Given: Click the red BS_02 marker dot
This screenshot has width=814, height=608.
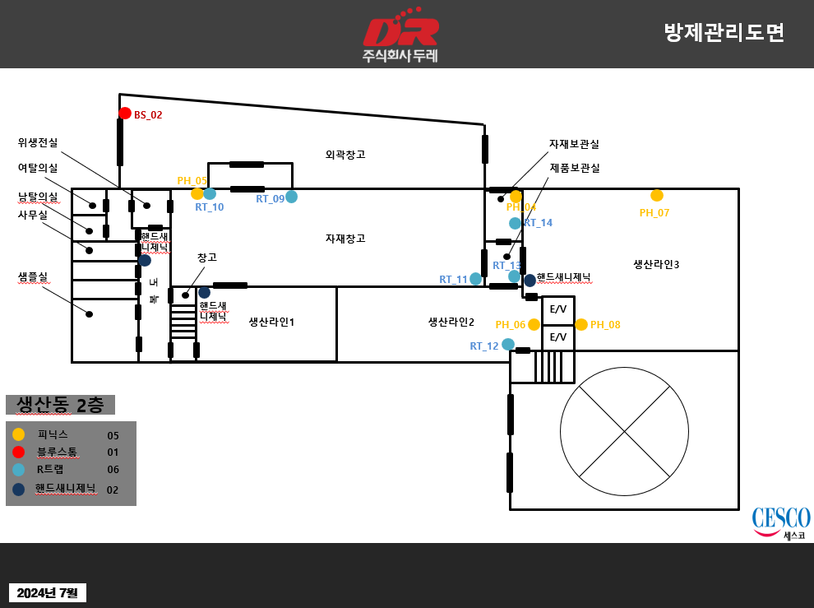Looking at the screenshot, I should pyautogui.click(x=125, y=114).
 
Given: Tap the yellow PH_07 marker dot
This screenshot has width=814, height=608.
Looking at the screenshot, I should pyautogui.click(x=657, y=196).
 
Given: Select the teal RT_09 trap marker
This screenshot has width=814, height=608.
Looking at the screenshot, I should pyautogui.click(x=291, y=197).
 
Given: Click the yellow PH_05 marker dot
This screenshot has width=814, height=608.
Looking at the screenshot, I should pyautogui.click(x=197, y=194).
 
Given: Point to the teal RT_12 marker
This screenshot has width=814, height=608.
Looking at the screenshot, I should pyautogui.click(x=508, y=344).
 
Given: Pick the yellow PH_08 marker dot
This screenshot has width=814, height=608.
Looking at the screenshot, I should pyautogui.click(x=581, y=324).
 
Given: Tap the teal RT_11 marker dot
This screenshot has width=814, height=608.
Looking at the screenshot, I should pyautogui.click(x=475, y=279).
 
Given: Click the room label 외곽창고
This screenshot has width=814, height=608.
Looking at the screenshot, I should pyautogui.click(x=345, y=155).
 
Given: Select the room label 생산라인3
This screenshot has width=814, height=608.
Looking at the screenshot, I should pyautogui.click(x=656, y=264).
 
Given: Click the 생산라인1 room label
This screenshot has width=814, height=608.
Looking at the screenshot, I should pyautogui.click(x=271, y=322).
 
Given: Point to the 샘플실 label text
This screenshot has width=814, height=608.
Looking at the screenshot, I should pyautogui.click(x=33, y=276).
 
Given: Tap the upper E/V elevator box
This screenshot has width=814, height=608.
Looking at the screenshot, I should pyautogui.click(x=558, y=309).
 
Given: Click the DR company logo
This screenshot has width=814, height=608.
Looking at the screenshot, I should pyautogui.click(x=401, y=35).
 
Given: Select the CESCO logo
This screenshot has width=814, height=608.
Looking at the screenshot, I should pyautogui.click(x=780, y=522).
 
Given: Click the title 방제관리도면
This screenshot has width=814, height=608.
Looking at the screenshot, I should pyautogui.click(x=724, y=33).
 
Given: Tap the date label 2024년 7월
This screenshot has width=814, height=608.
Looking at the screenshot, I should pyautogui.click(x=47, y=592).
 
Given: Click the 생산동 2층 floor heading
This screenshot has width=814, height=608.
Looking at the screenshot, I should pyautogui.click(x=60, y=405).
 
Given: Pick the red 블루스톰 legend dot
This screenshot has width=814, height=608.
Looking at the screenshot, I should pyautogui.click(x=19, y=452).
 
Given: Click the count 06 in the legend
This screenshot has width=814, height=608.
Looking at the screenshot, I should pyautogui.click(x=113, y=471).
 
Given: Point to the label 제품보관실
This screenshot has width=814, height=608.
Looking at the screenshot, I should pyautogui.click(x=575, y=168).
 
